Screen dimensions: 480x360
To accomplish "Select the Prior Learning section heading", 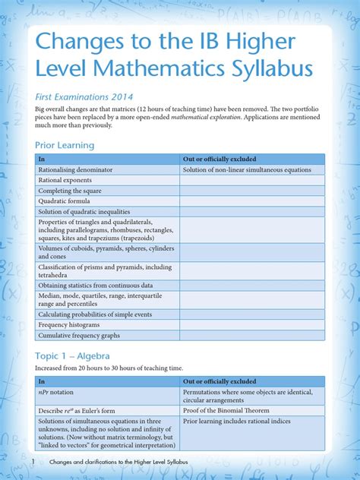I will coord(65,145).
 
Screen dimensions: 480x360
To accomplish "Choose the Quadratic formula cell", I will coord(67,201).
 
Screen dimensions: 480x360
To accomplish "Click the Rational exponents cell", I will coord(66,181).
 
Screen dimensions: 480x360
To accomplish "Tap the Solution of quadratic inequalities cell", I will coord(84,212).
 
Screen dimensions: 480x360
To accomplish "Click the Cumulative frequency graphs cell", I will coord(80,336).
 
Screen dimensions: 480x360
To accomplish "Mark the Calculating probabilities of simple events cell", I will coord(95,314).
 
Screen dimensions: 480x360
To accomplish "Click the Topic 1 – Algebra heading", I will coord(72,355).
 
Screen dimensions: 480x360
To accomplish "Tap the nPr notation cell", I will coord(57,392).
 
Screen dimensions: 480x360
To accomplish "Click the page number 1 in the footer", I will coord(33,462).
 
